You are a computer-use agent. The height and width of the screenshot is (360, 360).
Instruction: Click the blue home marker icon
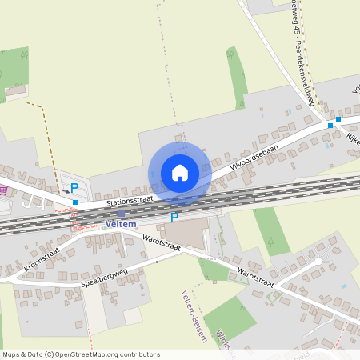[180, 173]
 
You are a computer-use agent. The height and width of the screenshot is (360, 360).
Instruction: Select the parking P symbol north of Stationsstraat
[74, 188]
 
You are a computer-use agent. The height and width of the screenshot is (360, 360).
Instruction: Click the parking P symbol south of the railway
[174, 217]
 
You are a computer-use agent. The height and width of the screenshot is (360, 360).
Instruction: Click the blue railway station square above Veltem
[121, 214]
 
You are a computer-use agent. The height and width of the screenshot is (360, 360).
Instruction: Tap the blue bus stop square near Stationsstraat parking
[75, 202]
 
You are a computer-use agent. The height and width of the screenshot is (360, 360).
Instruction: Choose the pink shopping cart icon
[4, 190]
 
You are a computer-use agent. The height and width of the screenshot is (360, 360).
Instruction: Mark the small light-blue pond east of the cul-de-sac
[344, 286]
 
